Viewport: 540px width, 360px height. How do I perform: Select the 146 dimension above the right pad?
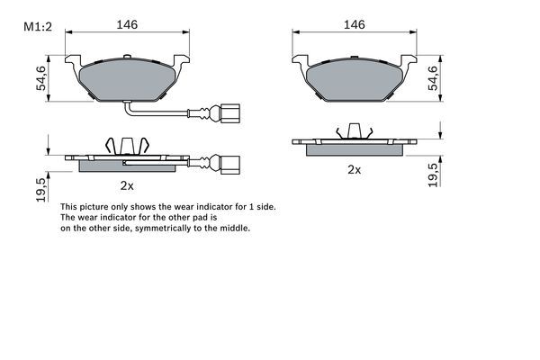[354, 25]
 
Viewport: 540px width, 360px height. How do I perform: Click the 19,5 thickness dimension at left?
[40, 191]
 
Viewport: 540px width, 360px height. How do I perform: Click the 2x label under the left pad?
[127, 186]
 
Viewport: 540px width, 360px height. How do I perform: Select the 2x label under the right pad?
[354, 168]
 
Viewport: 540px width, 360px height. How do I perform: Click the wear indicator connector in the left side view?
[230, 165]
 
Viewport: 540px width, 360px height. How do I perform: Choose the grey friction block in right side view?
[354, 149]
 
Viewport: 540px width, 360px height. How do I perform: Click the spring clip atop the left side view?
[127, 143]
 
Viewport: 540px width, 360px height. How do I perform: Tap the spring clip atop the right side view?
[354, 131]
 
